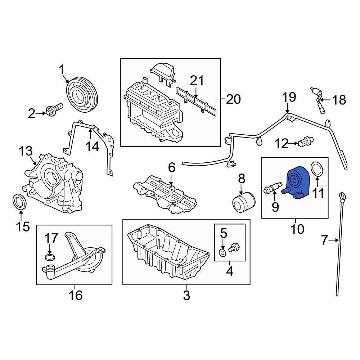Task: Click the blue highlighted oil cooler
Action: point(297,182)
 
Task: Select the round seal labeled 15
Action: point(20,202)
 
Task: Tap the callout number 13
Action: point(26,152)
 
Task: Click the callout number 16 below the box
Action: point(76,295)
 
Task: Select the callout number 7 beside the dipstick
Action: point(324,240)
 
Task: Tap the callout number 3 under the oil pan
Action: point(186,295)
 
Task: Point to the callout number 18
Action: point(338,100)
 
